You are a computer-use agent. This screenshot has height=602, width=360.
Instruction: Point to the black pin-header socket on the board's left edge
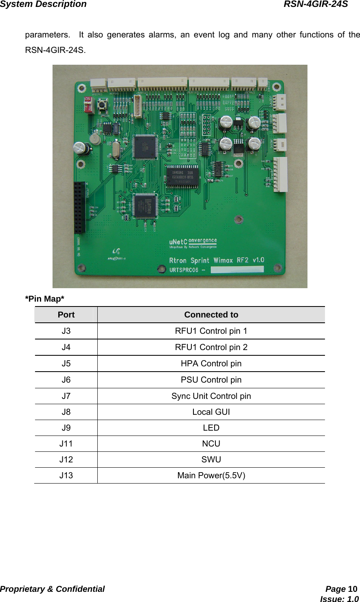[80, 208]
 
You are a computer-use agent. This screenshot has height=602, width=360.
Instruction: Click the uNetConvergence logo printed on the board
[193, 243]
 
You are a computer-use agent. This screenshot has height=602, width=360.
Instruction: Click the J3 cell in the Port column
[66, 331]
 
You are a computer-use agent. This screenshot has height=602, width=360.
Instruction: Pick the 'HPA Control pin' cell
[211, 363]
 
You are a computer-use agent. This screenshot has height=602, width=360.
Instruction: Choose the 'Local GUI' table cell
[211, 412]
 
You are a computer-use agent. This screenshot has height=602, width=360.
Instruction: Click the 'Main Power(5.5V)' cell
[211, 475]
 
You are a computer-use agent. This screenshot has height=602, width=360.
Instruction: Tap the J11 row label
[66, 444]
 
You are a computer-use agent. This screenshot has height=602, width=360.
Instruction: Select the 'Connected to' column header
[211, 315]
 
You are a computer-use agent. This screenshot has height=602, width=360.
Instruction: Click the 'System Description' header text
[43, 4]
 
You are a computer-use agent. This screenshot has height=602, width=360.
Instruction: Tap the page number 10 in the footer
[353, 589]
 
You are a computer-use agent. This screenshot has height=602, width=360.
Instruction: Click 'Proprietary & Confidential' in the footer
[53, 589]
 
